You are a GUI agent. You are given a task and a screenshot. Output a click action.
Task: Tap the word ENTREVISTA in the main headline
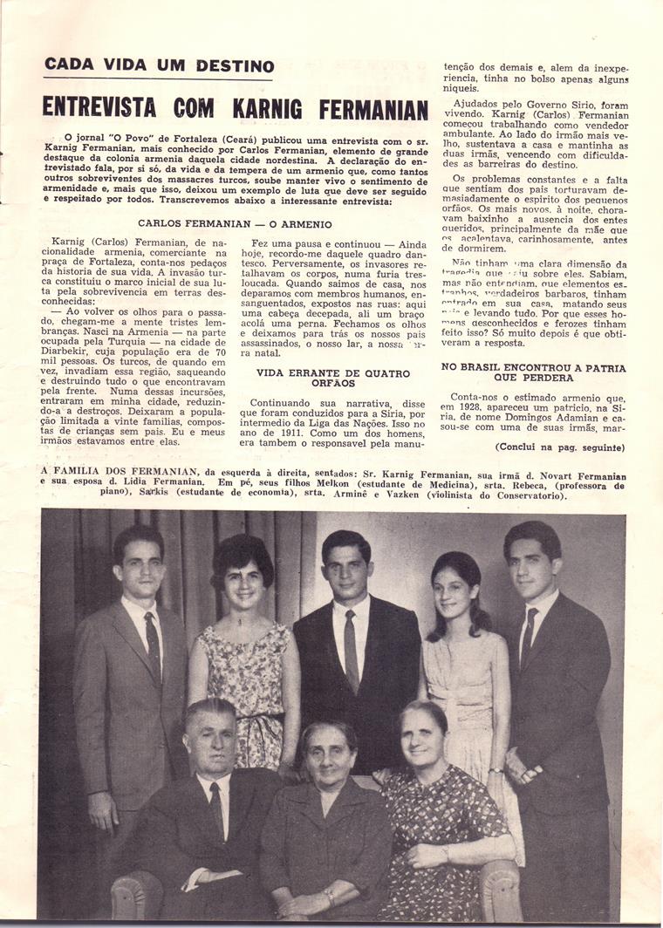point(99,108)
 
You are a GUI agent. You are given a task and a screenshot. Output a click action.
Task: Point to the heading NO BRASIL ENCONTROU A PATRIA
point(533,372)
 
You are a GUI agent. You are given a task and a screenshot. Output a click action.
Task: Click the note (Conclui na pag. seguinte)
point(559,447)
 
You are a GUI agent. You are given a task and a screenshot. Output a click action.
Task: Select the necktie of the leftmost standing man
point(153,644)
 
